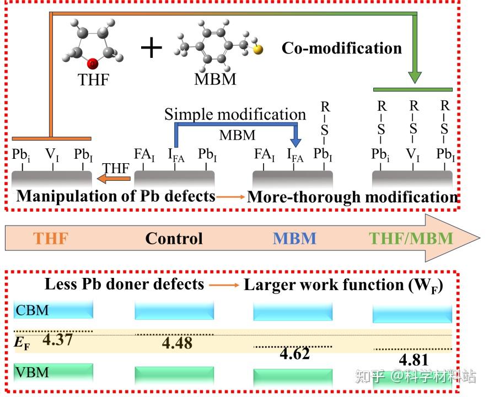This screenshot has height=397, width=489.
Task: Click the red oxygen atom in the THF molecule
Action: [94, 63]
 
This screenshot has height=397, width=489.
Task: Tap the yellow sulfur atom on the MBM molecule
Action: [258, 50]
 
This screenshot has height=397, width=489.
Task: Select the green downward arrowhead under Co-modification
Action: [415, 77]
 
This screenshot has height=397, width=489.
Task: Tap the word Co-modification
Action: [342, 48]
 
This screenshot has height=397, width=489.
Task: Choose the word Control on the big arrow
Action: [174, 238]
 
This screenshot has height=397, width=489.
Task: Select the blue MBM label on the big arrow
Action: [294, 238]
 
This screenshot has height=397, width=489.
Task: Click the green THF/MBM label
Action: [411, 238]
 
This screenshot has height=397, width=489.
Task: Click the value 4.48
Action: [177, 344]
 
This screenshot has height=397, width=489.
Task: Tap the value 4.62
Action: [294, 354]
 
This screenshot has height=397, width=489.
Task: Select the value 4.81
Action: [413, 360]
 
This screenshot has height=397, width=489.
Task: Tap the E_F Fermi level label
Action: [22, 341]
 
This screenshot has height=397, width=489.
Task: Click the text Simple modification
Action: [235, 115]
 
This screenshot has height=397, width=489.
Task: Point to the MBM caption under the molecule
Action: [215, 79]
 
